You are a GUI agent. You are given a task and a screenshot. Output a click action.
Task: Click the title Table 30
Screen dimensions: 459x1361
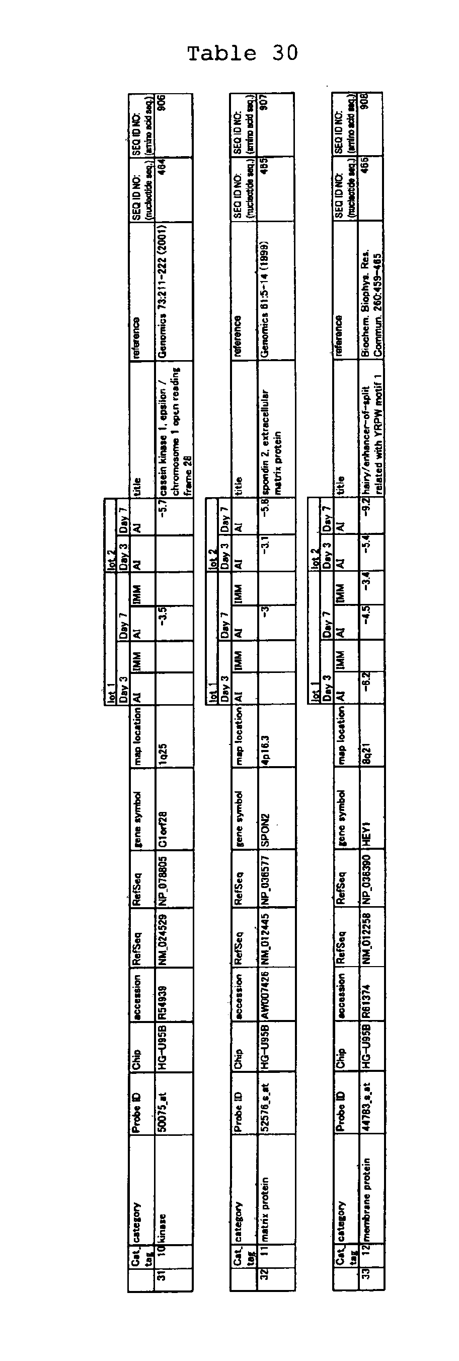point(243,53)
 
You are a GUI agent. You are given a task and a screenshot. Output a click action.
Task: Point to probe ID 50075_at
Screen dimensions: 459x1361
point(164,1111)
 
